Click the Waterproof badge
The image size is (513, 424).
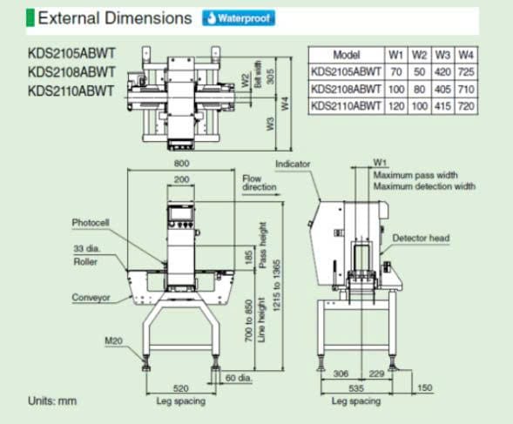coord(239,18)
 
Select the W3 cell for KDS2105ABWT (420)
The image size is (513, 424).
coord(442,71)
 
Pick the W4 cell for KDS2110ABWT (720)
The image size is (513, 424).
coord(466,106)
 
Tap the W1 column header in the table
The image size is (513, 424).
coord(396,55)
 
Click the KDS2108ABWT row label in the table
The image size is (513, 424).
coord(346,89)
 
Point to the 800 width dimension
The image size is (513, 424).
coord(181,164)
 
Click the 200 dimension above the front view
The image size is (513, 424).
coord(181,179)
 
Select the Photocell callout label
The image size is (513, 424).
coord(91,223)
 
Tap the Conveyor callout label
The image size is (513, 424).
coord(91,298)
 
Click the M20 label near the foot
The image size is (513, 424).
coord(113,341)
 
